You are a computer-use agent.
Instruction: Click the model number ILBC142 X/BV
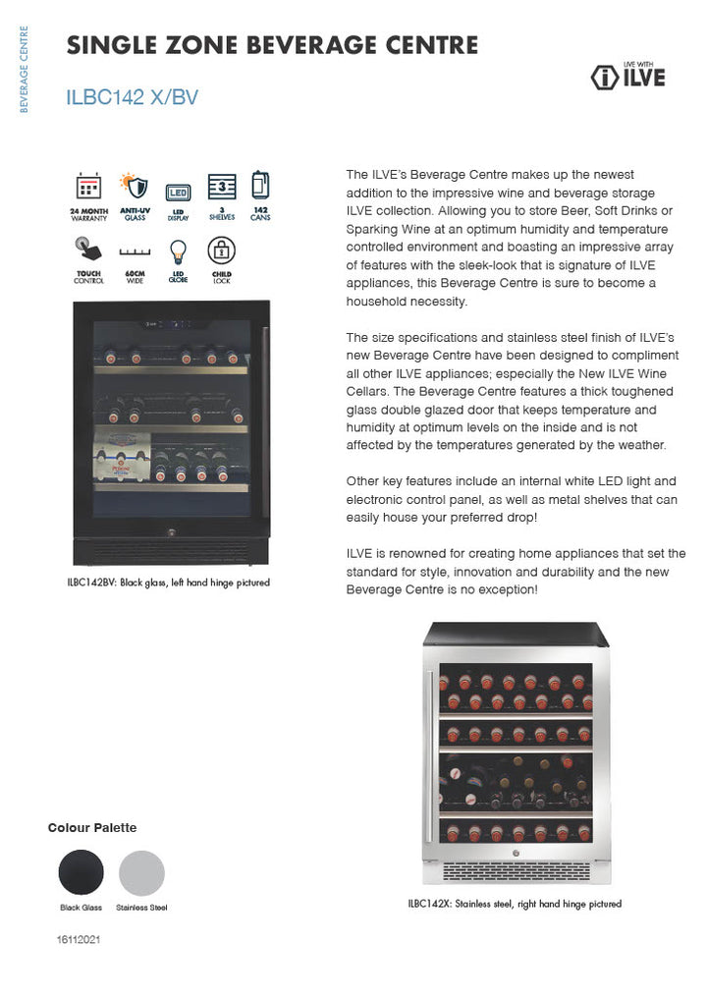pos(132,97)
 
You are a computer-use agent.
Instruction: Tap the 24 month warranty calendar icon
pos(88,187)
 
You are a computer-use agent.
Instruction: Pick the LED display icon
pos(178,192)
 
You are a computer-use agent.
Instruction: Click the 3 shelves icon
pos(222,187)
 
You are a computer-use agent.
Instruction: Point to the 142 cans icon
pos(260,185)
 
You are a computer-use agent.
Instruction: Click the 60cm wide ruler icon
pos(134,252)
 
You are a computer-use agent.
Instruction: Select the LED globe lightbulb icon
pos(178,251)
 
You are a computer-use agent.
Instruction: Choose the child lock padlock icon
pos(222,250)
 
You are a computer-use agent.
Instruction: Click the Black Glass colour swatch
pos(81,872)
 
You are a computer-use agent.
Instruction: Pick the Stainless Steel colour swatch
pos(141,872)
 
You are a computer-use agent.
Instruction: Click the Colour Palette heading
pos(92,828)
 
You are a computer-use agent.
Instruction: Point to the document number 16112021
pos(79,940)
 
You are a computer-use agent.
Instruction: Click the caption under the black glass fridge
pos(168,583)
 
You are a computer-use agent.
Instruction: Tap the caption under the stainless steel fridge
pos(515,904)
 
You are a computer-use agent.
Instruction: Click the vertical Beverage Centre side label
pos(25,69)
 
